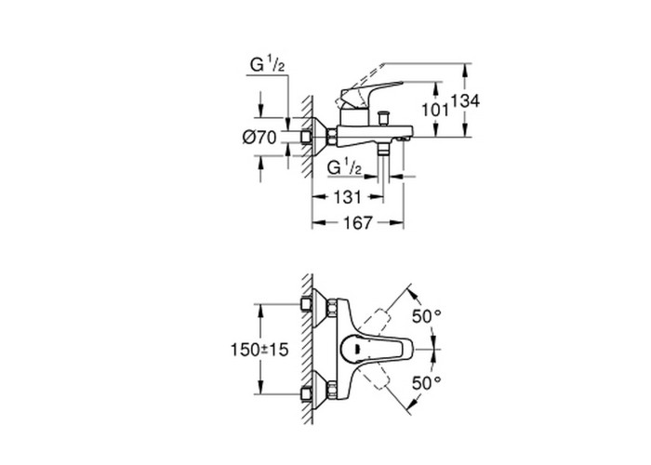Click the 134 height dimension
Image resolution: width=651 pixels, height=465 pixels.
(465, 100)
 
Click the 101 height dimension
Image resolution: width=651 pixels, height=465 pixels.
(435, 110)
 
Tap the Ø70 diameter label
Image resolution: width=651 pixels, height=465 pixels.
(259, 138)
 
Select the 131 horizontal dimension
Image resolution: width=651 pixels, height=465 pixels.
(348, 197)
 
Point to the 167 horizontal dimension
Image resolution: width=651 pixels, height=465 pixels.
(357, 223)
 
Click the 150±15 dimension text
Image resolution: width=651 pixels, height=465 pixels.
(259, 350)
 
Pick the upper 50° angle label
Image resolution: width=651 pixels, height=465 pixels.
(426, 317)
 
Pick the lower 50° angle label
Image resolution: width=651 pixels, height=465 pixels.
(426, 383)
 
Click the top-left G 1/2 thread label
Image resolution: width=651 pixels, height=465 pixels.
(267, 65)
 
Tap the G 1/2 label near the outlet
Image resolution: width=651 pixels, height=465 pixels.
(344, 167)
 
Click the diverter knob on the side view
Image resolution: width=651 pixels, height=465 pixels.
(382, 117)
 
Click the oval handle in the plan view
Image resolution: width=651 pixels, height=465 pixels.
(376, 350)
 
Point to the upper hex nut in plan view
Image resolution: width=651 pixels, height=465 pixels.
(332, 308)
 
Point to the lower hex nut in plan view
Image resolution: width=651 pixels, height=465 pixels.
(332, 391)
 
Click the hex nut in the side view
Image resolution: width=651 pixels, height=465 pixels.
(332, 137)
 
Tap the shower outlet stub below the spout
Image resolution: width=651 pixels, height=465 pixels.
(383, 150)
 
